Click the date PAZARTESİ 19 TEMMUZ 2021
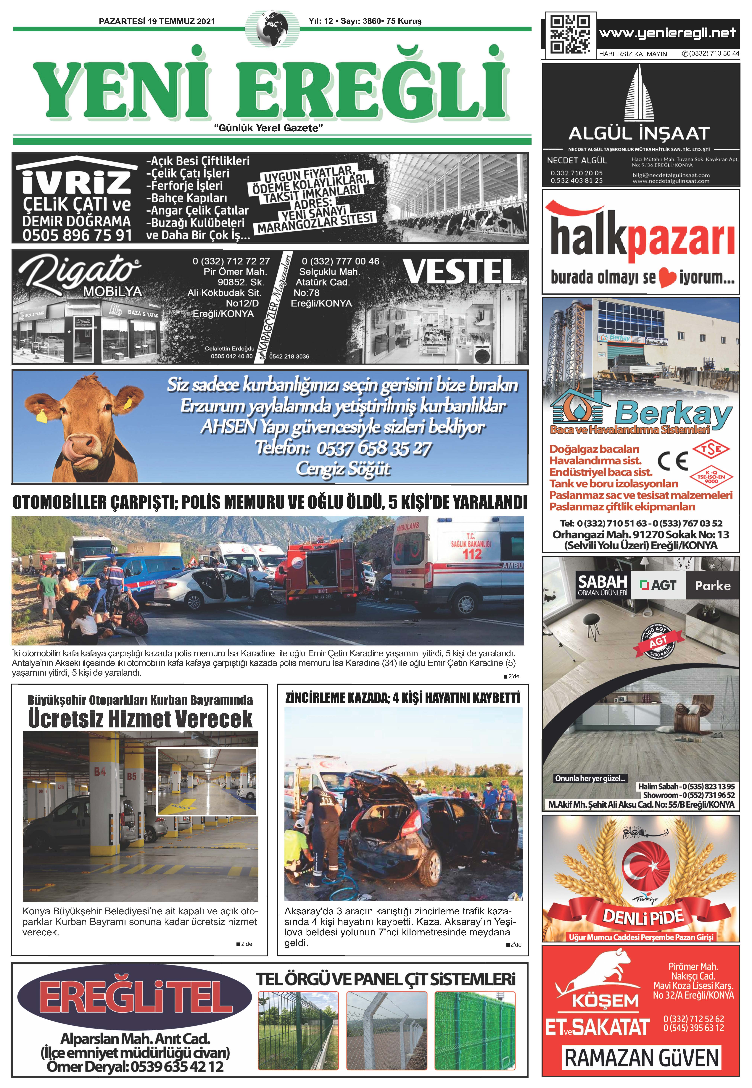(x=157, y=21)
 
